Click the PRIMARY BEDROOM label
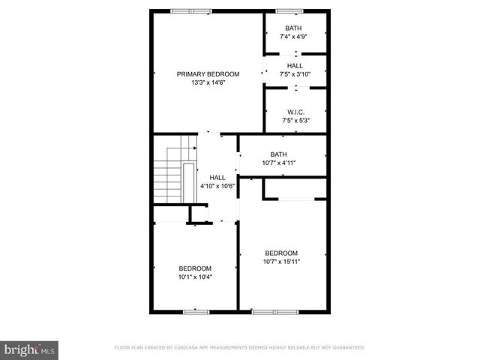(208, 74)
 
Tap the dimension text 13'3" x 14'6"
(208, 82)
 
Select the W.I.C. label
(295, 112)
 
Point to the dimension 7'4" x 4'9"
(294, 36)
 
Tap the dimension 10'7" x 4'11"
(284, 163)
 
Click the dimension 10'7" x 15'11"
(281, 262)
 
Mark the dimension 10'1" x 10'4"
(195, 277)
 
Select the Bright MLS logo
(29, 349)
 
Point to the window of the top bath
(286, 11)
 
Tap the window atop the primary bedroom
(190, 11)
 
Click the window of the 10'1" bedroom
(196, 310)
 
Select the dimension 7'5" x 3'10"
(295, 74)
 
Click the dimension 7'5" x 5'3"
(295, 120)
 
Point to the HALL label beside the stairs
(217, 177)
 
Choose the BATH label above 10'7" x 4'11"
(278, 154)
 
